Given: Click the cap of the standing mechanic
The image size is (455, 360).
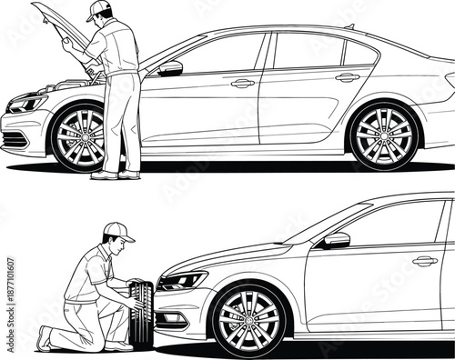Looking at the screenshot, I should click(101, 11).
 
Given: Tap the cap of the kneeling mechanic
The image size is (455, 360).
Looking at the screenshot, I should click(117, 232).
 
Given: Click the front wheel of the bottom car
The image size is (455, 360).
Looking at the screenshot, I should click(248, 320).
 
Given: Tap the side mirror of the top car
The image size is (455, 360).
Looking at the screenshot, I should click(170, 68).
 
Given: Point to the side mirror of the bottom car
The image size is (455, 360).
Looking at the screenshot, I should click(336, 240).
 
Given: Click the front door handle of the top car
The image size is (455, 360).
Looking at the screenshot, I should click(242, 83).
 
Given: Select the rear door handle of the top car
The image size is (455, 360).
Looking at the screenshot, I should click(347, 77).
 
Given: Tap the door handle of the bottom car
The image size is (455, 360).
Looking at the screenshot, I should click(424, 261).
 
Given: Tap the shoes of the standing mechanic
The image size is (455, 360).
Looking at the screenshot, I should click(117, 175).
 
